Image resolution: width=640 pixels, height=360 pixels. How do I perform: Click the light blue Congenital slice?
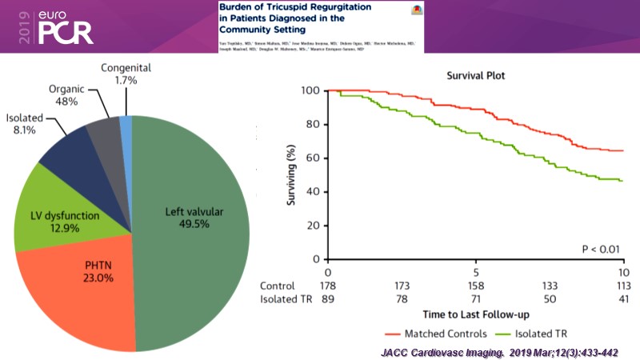point(126,122)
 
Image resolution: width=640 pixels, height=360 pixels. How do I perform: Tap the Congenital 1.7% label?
point(125,74)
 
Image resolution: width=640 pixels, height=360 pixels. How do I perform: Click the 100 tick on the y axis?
point(311,90)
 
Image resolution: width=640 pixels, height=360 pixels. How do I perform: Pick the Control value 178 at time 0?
point(328,286)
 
